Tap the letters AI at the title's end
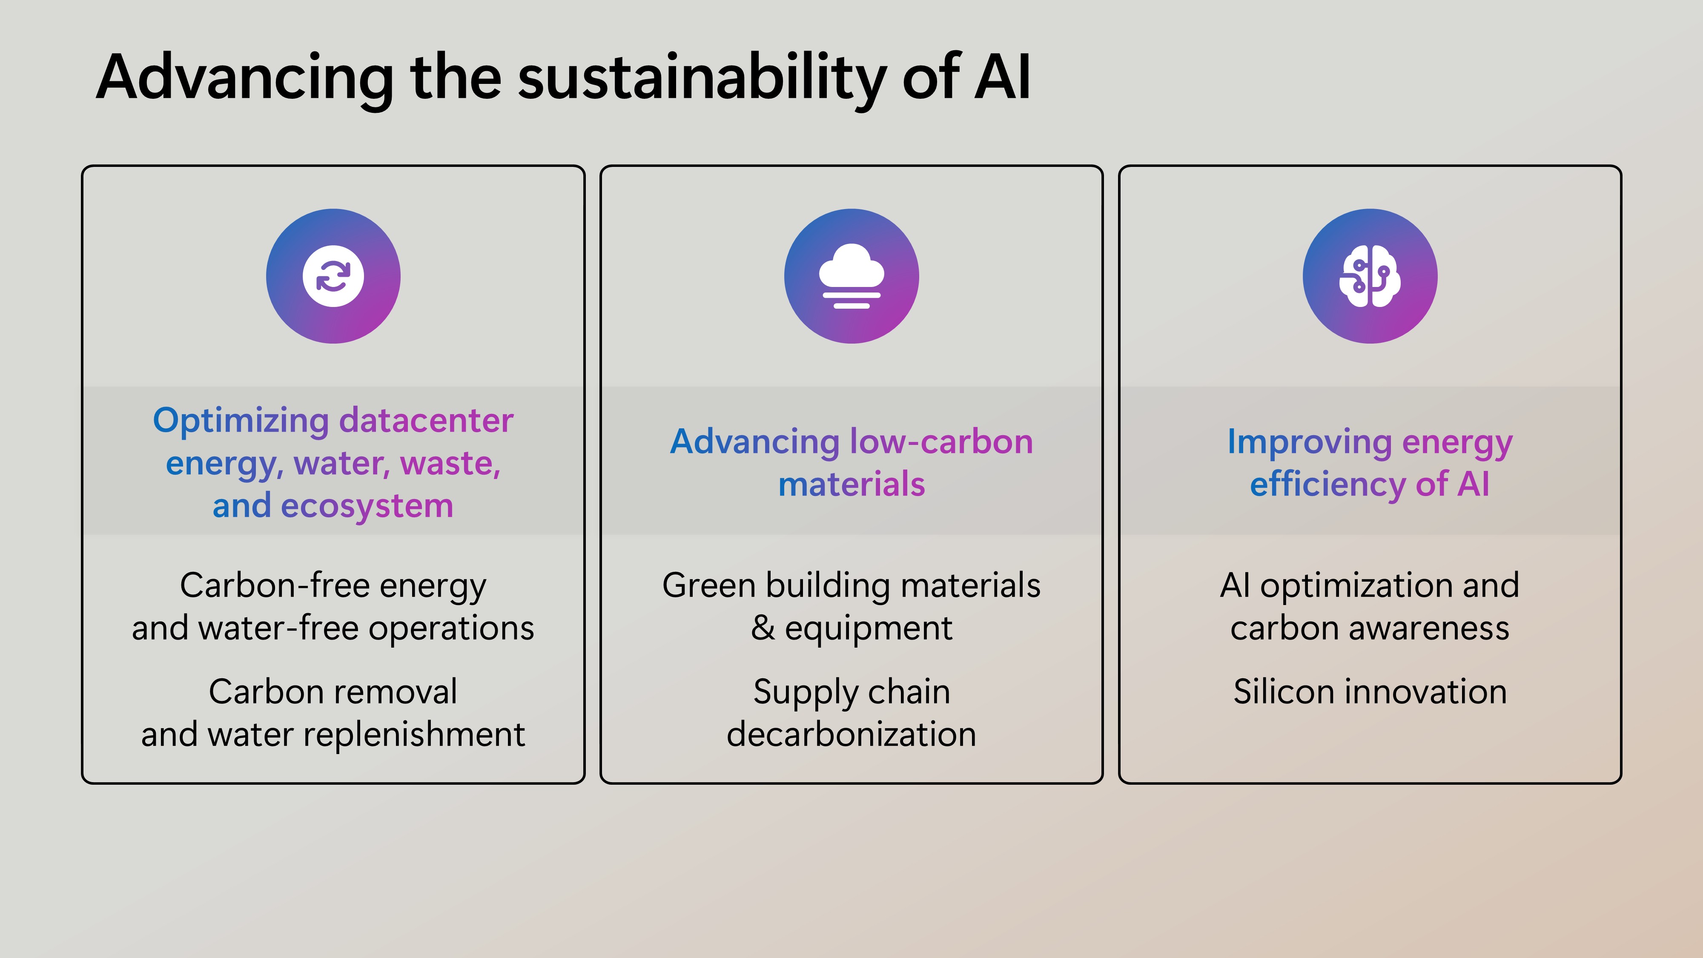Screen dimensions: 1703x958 [x=1002, y=77]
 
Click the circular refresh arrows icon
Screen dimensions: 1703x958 [x=333, y=276]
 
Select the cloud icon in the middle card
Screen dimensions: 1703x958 [x=851, y=276]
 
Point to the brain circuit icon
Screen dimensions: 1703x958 [x=1370, y=276]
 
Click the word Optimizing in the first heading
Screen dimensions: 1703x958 [x=241, y=421]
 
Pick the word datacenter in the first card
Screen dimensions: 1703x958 [x=427, y=421]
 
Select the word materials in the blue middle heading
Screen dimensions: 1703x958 [x=851, y=485]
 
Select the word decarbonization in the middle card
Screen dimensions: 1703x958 [x=851, y=734]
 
